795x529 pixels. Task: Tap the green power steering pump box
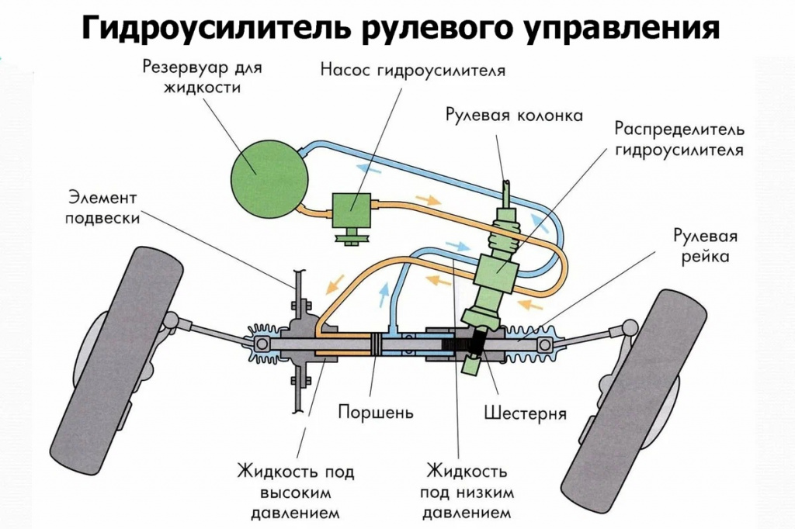click(x=352, y=207)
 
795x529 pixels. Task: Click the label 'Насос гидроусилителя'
click(x=413, y=71)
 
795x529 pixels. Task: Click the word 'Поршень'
click(x=375, y=412)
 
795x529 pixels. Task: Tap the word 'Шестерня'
click(x=525, y=412)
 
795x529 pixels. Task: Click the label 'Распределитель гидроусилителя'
click(x=679, y=138)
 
